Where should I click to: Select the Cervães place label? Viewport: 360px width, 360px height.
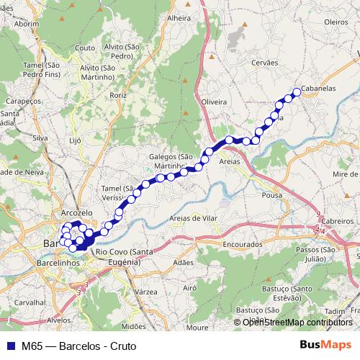point(264,63)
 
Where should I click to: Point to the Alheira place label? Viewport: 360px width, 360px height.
point(179,17)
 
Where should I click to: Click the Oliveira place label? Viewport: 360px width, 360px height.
point(215,102)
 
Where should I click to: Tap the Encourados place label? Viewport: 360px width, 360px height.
point(243,245)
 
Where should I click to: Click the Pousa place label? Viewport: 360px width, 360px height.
point(272,194)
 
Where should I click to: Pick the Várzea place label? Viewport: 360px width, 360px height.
point(146,292)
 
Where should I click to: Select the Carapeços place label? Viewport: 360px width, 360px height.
point(21,102)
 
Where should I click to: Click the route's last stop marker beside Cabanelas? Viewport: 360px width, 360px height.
point(296,91)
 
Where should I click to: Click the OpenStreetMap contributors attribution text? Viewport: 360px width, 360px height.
point(297,323)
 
